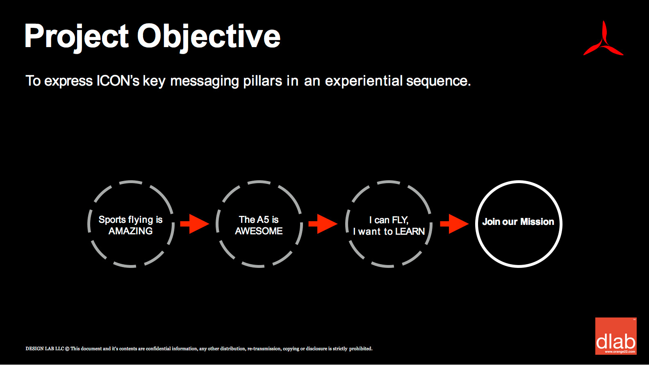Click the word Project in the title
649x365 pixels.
pyautogui.click(x=77, y=37)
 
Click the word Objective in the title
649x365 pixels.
pyautogui.click(x=209, y=37)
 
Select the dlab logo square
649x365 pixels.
pyautogui.click(x=616, y=336)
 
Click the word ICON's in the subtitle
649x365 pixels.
pyautogui.click(x=118, y=81)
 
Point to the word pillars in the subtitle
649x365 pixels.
pyautogui.click(x=262, y=81)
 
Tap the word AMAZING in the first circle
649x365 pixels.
pyautogui.click(x=130, y=231)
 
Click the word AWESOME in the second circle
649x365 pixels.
pyautogui.click(x=259, y=231)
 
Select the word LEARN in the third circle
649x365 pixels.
pyautogui.click(x=410, y=231)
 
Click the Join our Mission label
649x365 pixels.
pyautogui.click(x=518, y=222)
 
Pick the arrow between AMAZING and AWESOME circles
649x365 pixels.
pyautogui.click(x=195, y=224)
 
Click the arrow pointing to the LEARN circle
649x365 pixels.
pyautogui.click(x=323, y=224)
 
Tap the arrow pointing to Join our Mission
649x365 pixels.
pyautogui.click(x=454, y=224)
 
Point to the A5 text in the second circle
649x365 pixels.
pyautogui.click(x=263, y=220)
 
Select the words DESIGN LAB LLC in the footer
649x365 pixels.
pyautogui.click(x=45, y=349)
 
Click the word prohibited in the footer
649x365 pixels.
pyautogui.click(x=361, y=349)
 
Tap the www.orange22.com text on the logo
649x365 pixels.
pyautogui.click(x=620, y=351)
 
